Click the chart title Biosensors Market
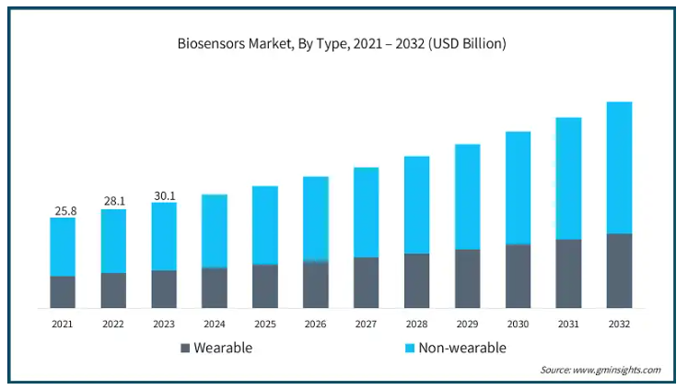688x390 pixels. [x=235, y=44]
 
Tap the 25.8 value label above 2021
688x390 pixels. [x=65, y=211]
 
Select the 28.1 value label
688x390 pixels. [x=114, y=201]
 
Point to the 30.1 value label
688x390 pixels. [x=165, y=195]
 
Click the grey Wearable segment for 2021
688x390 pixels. [x=63, y=292]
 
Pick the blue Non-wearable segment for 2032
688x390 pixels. [x=619, y=168]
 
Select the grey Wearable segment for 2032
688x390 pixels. [x=619, y=271]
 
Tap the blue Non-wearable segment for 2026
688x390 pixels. [x=316, y=219]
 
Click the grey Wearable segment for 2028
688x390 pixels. [x=417, y=280]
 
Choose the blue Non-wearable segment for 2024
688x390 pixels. [x=215, y=231]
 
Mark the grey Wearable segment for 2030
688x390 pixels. [x=518, y=276]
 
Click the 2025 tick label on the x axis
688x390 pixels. [x=265, y=325]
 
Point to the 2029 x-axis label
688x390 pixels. [x=467, y=325]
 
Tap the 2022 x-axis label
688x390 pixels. [x=113, y=325]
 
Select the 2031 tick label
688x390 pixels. [x=568, y=325]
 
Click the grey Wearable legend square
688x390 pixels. [x=185, y=349]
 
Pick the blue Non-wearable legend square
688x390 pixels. [x=409, y=349]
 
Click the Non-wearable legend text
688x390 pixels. [x=462, y=348]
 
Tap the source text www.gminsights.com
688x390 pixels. [x=616, y=370]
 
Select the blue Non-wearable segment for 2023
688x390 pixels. [x=164, y=236]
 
